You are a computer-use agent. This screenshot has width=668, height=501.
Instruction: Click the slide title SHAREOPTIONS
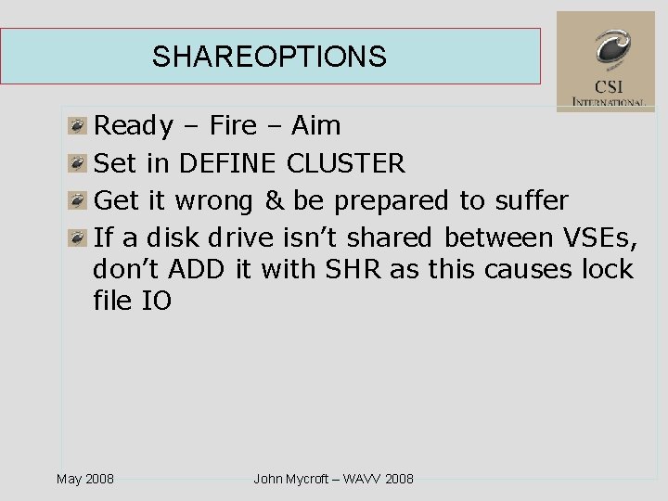(269, 57)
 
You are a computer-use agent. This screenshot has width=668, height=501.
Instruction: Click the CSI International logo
(605, 61)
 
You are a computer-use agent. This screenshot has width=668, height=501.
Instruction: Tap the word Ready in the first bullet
(135, 126)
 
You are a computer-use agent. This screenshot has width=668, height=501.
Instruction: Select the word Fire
(234, 125)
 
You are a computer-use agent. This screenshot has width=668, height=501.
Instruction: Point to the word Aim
(315, 125)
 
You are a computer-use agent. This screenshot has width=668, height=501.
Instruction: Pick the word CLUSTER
(346, 163)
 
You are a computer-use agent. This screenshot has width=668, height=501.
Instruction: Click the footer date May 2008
(85, 479)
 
